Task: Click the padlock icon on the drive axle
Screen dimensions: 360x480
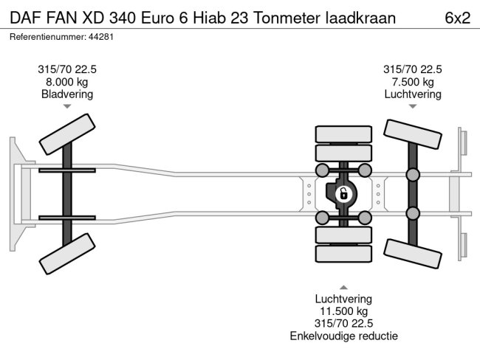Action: (343, 195)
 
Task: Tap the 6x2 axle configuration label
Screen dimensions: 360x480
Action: (457, 17)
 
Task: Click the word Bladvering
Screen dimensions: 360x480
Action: (67, 94)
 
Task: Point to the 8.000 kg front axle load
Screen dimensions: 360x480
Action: (67, 81)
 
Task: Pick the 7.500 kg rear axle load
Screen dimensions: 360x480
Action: (412, 81)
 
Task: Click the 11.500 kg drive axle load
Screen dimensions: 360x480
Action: (343, 311)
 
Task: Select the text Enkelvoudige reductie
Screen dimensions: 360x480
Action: (343, 336)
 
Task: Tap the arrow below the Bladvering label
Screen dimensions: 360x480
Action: (67, 107)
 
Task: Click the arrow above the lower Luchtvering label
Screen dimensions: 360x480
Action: (343, 287)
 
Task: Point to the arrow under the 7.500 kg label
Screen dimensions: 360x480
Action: (412, 107)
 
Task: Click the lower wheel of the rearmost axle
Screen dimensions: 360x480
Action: (411, 254)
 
